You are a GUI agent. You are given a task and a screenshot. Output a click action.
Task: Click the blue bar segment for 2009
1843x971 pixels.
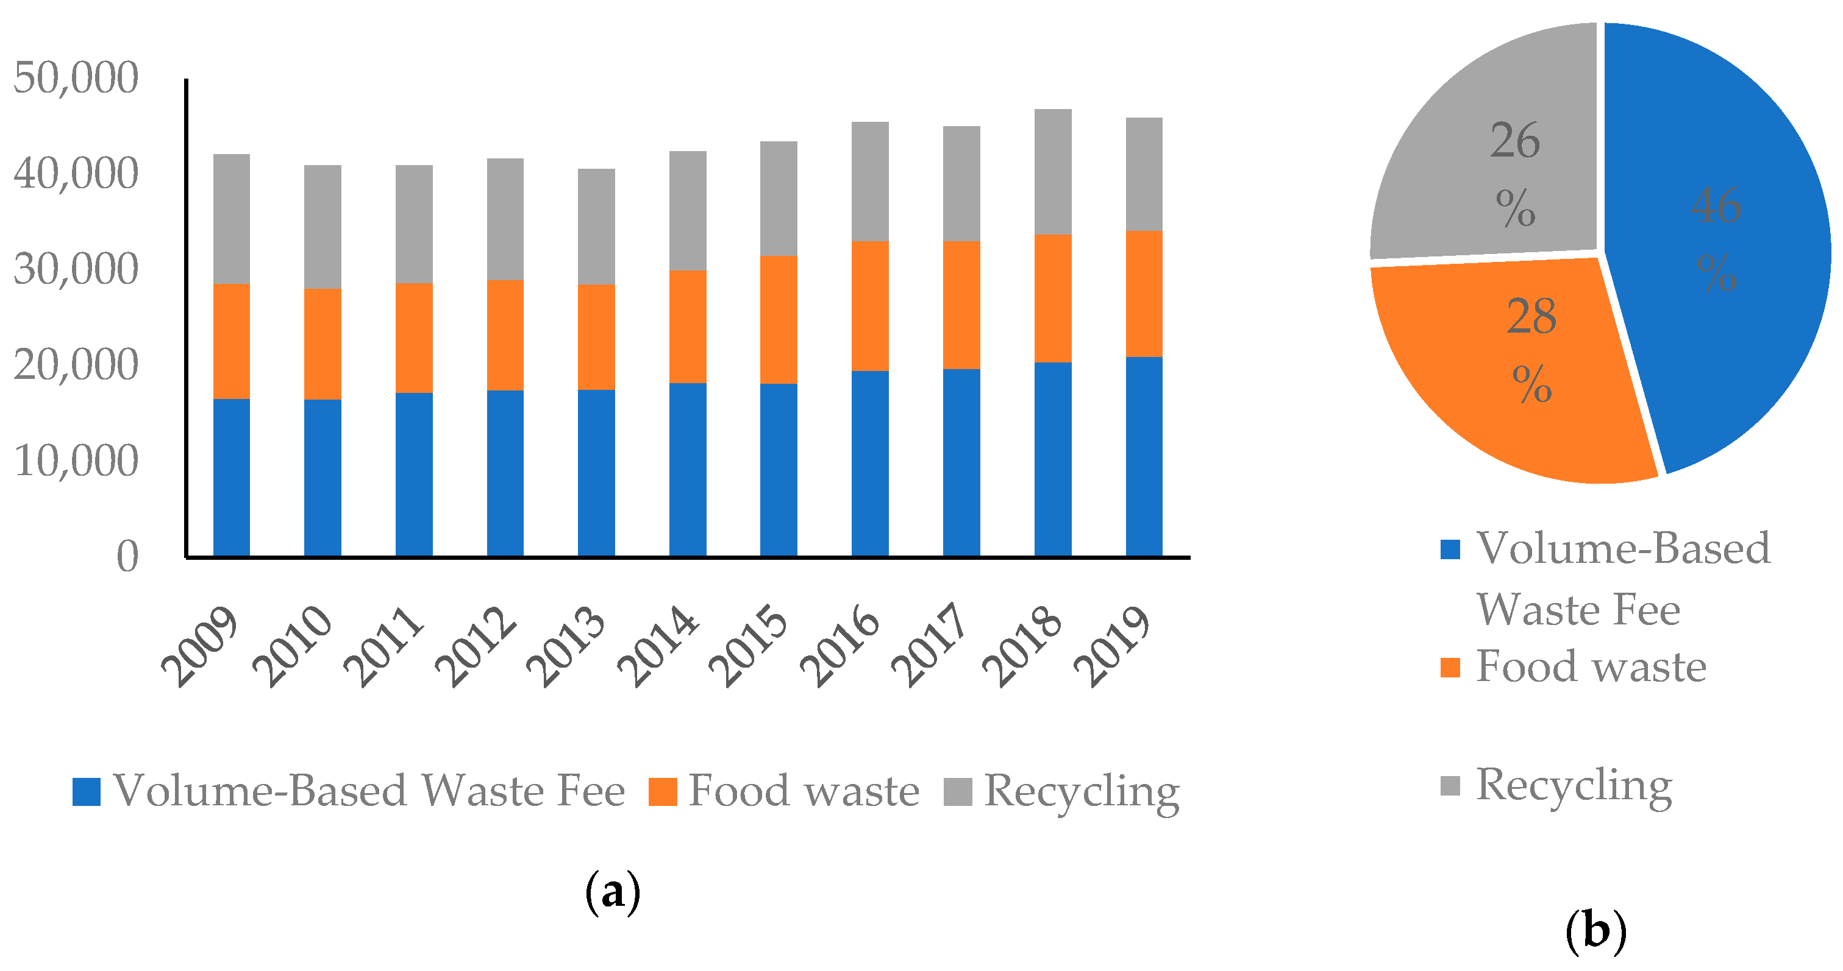pyautogui.click(x=231, y=477)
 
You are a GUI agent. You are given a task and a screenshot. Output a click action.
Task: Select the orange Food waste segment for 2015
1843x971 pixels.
pyautogui.click(x=779, y=320)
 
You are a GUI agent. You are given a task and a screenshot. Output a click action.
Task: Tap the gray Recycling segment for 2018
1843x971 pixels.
pyautogui.click(x=1052, y=172)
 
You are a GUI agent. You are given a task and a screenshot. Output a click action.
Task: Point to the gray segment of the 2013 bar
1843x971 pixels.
pyautogui.click(x=596, y=227)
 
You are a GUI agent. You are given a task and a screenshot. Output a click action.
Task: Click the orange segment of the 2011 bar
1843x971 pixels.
pyautogui.click(x=413, y=337)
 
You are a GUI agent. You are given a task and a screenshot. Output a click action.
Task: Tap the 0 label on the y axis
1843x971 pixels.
pyautogui.click(x=127, y=556)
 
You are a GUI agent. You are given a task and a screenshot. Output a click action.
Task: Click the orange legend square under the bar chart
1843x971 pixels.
pyautogui.click(x=663, y=791)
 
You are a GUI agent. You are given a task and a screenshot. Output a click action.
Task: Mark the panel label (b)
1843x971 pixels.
pyautogui.click(x=1595, y=931)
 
